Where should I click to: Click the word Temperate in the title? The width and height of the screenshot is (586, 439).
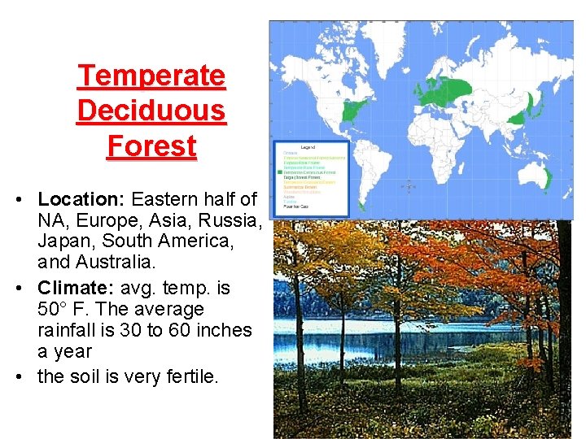pos(151,76)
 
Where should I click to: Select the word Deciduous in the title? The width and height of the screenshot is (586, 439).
pos(151,111)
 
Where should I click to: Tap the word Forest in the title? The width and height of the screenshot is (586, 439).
pos(151,146)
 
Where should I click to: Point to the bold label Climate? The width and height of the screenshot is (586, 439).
pos(79,288)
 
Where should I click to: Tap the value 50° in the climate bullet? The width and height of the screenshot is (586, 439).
pos(55,310)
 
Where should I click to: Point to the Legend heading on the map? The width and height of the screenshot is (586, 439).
pos(308,147)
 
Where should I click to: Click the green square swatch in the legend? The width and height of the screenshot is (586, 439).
pos(279,172)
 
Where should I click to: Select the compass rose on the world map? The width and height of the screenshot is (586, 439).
pos(409,186)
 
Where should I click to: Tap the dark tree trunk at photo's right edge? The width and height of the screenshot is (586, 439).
pos(561,325)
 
